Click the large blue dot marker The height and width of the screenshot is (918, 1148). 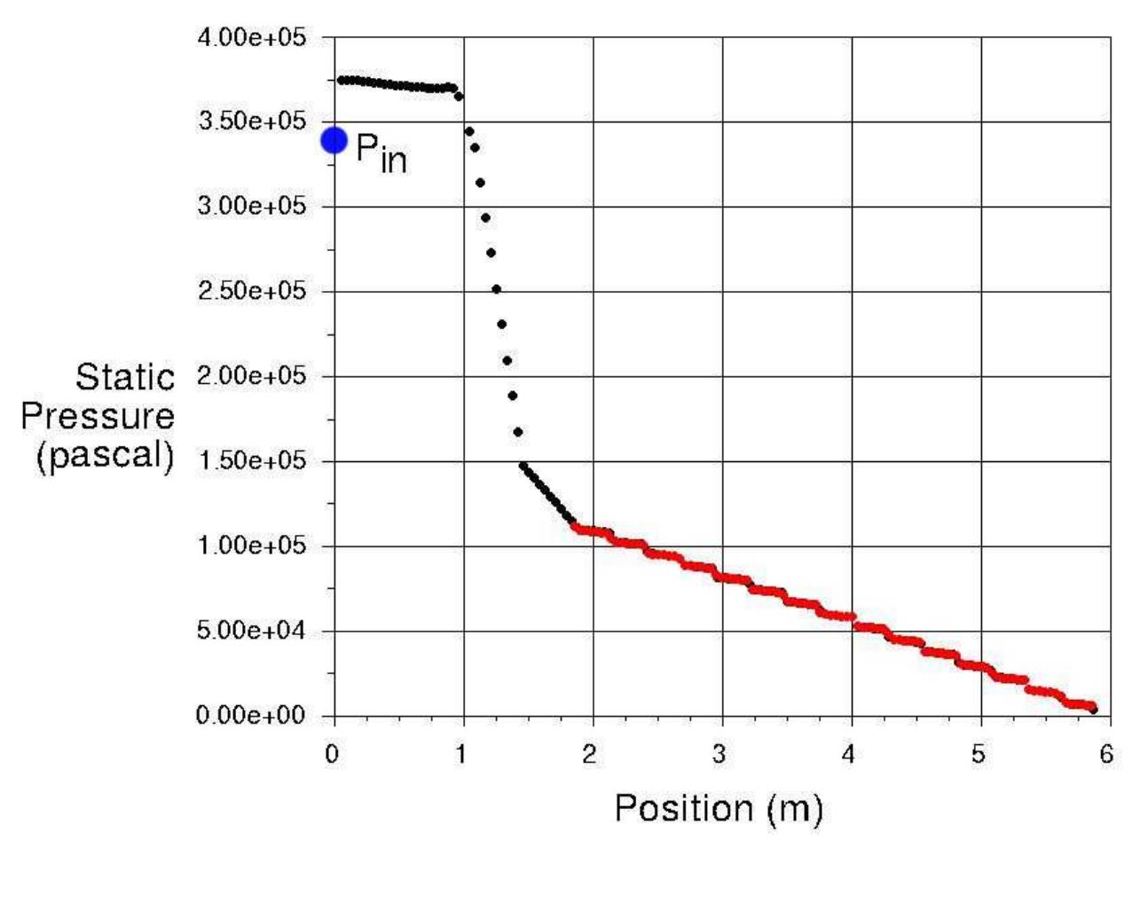[334, 140]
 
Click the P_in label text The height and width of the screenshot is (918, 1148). [381, 153]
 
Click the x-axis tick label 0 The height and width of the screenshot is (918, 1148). [332, 755]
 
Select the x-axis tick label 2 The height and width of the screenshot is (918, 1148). [590, 755]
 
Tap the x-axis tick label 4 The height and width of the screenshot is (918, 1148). [849, 755]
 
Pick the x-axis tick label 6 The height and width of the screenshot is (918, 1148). [1106, 755]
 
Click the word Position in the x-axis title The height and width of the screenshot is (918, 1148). [684, 808]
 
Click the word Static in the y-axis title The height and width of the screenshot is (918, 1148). [125, 378]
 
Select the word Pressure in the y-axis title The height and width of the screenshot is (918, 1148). [98, 416]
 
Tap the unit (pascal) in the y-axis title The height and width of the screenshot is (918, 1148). [105, 455]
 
